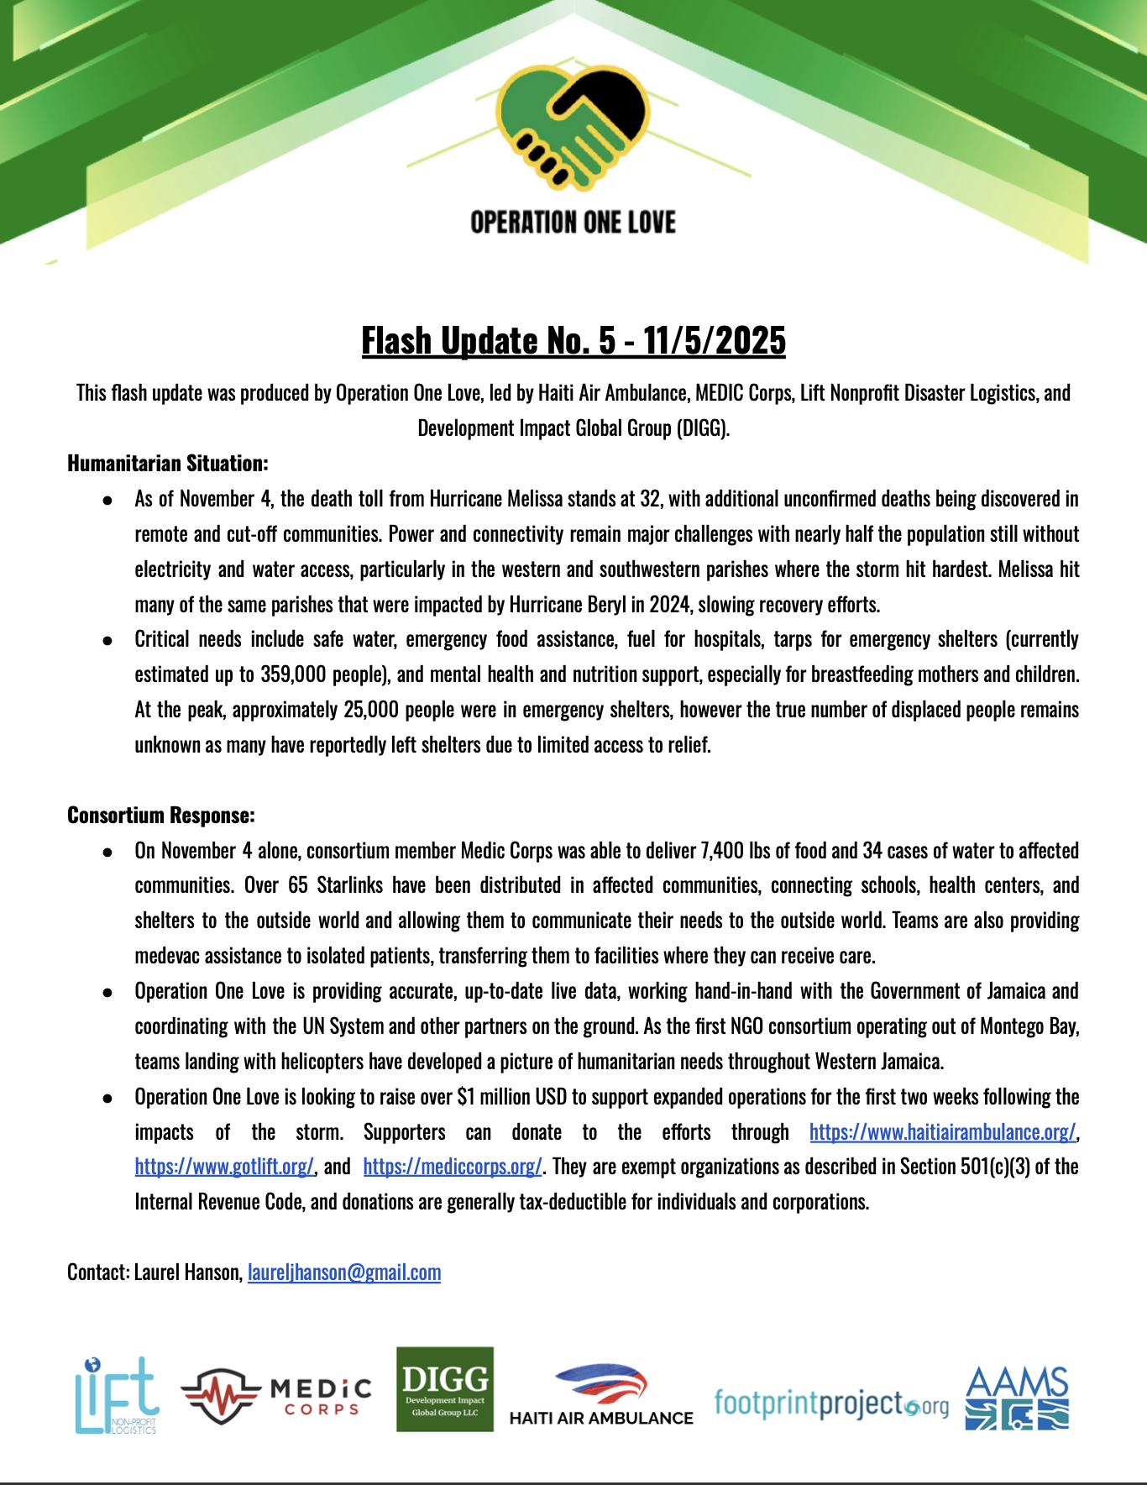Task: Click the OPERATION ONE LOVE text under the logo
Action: click(573, 223)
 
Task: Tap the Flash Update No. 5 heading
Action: click(573, 340)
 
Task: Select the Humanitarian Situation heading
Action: click(168, 464)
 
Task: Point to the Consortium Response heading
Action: click(161, 816)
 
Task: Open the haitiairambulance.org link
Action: click(942, 1132)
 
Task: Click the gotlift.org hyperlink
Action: click(224, 1167)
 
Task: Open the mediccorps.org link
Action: click(453, 1167)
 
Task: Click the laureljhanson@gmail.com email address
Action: click(344, 1272)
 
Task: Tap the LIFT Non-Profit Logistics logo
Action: click(116, 1395)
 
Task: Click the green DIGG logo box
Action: click(445, 1389)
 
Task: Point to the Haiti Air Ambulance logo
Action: click(601, 1395)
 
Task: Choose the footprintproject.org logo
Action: click(830, 1403)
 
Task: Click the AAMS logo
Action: click(1017, 1398)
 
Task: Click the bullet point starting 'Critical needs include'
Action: click(107, 640)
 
